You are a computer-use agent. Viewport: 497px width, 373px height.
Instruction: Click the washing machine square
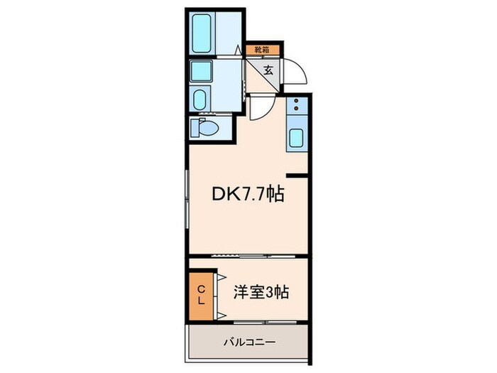click(x=202, y=71)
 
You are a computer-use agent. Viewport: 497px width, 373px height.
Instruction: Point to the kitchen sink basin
click(x=296, y=137)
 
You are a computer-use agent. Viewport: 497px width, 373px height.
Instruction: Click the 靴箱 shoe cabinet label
click(x=262, y=50)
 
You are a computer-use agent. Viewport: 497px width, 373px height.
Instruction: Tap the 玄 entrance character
click(x=270, y=70)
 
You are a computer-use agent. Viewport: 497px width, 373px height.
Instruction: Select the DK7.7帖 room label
click(x=248, y=194)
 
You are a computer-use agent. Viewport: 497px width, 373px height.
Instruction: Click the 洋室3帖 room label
click(x=261, y=291)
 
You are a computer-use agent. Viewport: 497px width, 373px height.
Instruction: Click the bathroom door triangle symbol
click(x=236, y=51)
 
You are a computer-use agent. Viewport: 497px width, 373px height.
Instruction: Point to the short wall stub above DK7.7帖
click(x=297, y=174)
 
